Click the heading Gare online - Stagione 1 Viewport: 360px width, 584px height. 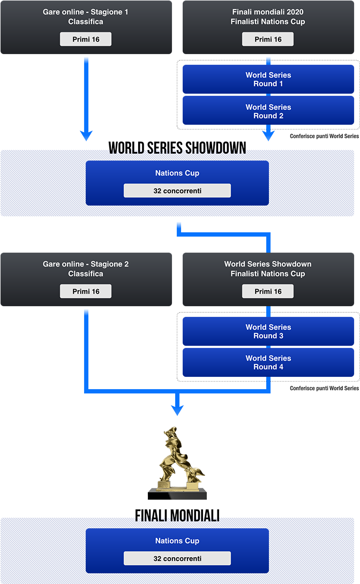86,12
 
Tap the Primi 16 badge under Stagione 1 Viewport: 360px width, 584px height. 86,40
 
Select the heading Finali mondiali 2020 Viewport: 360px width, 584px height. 268,12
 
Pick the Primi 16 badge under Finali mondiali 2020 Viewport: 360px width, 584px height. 268,40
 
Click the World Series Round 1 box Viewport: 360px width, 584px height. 268,79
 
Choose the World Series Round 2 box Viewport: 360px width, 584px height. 268,111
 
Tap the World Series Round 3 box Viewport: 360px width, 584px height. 268,331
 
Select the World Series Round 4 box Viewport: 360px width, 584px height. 268,362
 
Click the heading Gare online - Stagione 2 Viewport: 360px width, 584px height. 86,264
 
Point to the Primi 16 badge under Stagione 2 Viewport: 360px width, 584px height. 86,292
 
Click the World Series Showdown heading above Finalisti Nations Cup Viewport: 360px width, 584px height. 268,264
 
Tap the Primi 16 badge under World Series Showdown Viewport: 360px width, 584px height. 268,292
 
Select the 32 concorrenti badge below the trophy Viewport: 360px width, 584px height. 177,558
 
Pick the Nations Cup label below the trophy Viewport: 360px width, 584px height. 177,541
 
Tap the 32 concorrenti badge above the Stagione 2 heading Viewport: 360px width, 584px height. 177,191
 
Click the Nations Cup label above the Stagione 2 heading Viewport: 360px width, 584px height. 177,173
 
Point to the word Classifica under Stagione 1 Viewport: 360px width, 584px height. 86,22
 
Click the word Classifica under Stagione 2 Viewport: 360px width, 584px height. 86,274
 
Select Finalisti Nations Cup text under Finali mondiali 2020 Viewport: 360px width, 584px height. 268,22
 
